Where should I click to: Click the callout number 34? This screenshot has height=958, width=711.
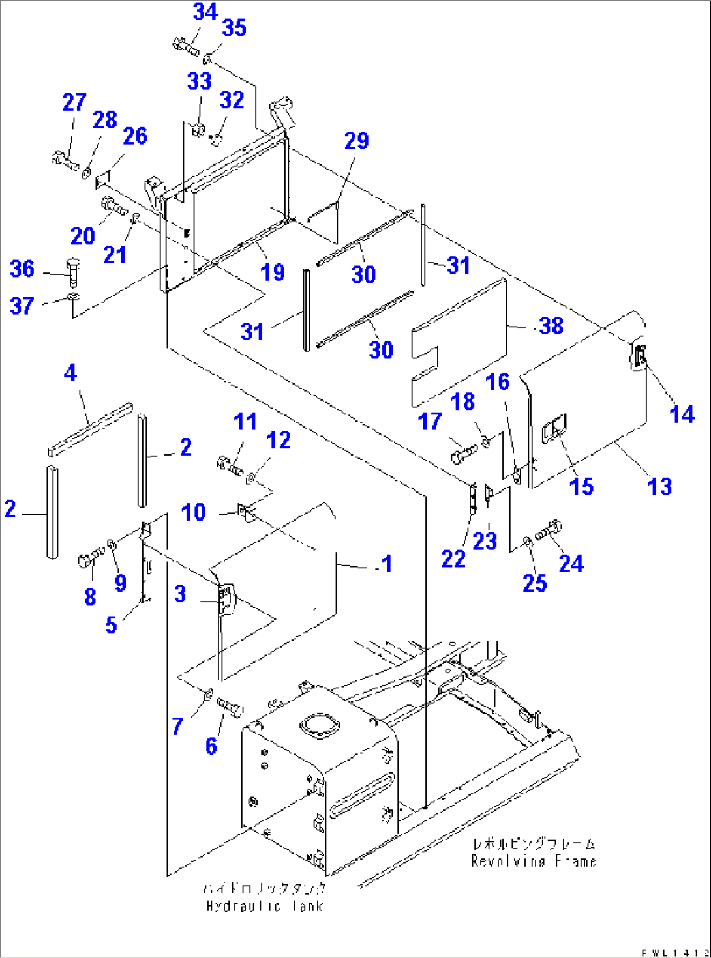(205, 11)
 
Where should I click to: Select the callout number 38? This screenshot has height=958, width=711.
(551, 326)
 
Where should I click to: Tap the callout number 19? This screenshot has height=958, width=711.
(273, 272)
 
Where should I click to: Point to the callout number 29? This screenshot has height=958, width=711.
(356, 140)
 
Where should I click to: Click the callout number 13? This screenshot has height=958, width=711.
(659, 486)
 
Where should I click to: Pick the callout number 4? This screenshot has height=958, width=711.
(70, 372)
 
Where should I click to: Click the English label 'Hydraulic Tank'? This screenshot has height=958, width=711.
(264, 906)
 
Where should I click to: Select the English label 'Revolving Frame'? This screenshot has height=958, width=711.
(534, 861)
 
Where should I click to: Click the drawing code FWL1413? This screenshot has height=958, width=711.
(674, 952)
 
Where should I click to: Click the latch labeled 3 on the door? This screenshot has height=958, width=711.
(224, 598)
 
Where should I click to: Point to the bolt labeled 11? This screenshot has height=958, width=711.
(229, 465)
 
